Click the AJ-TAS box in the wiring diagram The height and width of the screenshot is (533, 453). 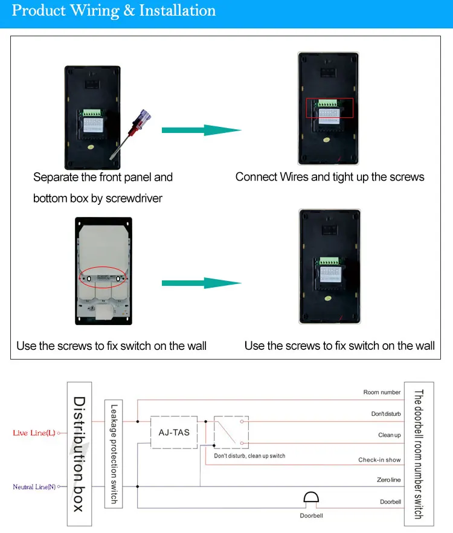point(174,431)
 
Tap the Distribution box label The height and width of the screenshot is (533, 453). point(79,453)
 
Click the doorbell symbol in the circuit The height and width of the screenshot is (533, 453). point(311,499)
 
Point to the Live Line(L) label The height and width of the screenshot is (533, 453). point(34,433)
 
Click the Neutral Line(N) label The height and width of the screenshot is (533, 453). point(34,486)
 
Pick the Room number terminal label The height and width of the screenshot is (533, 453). point(382,392)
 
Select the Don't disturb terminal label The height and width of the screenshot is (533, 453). point(385,414)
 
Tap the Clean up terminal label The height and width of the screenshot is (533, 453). point(389,435)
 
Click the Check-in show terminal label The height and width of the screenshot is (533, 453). point(379,460)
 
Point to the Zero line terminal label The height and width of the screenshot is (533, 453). point(388,480)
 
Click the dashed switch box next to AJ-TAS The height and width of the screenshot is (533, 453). point(231,431)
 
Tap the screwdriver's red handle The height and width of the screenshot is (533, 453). point(140,117)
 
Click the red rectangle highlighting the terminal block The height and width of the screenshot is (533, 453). point(329,107)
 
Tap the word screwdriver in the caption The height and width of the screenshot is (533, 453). point(133,198)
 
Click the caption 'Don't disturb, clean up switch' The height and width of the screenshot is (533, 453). point(249,456)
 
